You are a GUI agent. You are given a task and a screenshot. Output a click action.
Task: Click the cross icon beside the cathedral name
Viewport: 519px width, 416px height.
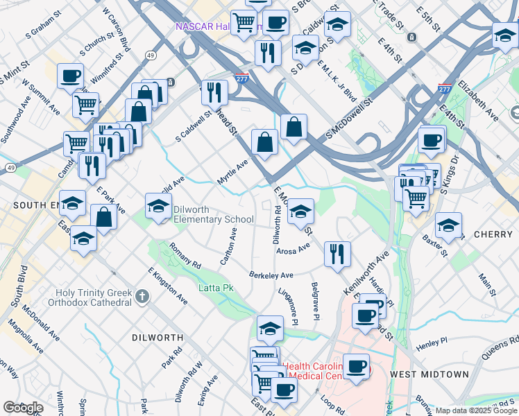(142, 297)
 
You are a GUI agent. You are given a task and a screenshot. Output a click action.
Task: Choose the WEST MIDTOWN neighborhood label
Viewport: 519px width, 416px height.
(429, 374)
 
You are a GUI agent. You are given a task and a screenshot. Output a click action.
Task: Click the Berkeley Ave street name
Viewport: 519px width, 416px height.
(272, 275)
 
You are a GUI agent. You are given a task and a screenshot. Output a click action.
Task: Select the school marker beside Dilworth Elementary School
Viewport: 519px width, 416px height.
(158, 206)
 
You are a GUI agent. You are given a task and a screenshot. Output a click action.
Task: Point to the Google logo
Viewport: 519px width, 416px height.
(23, 408)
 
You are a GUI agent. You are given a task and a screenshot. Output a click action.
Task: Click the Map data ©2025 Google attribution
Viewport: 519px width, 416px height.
(476, 410)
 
